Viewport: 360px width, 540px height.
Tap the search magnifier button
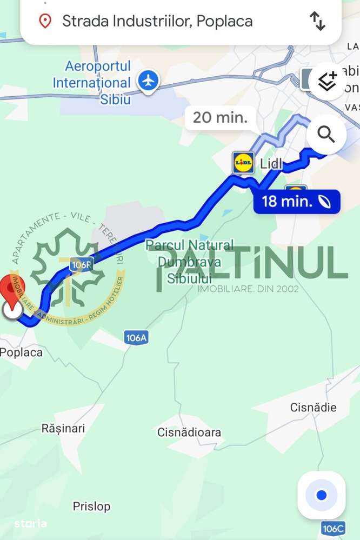pos(326,134)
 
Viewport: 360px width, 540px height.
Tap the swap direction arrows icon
pos(317,21)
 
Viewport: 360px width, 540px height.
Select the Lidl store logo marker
pos(243,163)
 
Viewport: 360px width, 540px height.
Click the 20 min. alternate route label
pos(220,117)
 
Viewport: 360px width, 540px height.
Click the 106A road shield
pos(136,338)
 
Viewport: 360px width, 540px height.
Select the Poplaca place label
pos(21,352)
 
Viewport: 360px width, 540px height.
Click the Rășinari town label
pos(63,428)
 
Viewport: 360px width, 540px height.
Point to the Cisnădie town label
pos(313,407)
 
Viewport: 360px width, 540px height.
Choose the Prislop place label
pos(91,506)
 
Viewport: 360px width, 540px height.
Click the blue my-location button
pos(322,495)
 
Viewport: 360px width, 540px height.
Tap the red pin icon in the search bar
pos(45,21)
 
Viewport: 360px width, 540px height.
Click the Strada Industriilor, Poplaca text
pos(157,21)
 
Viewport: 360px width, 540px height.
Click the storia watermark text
pos(30,523)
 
